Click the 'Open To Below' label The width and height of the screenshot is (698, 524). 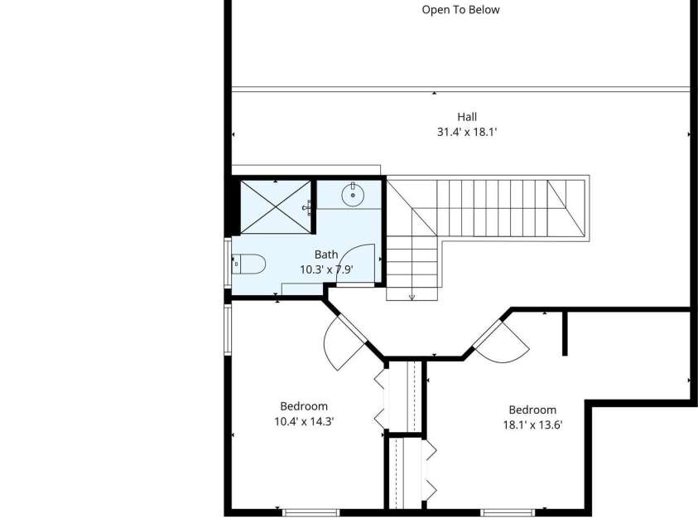pos(460,10)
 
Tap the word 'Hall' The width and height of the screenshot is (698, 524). pos(467,117)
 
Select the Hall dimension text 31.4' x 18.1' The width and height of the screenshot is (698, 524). pos(467,132)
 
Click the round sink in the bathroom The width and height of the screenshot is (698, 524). pos(353,194)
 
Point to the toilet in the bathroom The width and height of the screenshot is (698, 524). pos(249,264)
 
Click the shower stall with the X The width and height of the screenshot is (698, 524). pos(276,206)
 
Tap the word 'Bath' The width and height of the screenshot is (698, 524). pos(326,255)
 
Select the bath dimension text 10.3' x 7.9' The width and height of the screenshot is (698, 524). pos(326,269)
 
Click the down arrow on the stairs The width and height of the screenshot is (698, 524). pos(412,297)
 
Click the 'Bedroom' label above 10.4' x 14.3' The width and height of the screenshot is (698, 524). pos(304,406)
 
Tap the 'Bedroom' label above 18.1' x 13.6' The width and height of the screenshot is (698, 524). pos(532,410)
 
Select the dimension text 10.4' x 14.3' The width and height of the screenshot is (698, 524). pos(304,421)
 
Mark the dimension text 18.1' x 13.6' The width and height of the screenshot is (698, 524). pos(533,425)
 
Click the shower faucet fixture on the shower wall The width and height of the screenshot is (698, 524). pos(307,207)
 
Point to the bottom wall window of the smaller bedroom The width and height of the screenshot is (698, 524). pos(311,512)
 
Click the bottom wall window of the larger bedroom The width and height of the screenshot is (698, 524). pos(508,512)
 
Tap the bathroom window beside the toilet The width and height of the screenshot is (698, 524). pos(228,264)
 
